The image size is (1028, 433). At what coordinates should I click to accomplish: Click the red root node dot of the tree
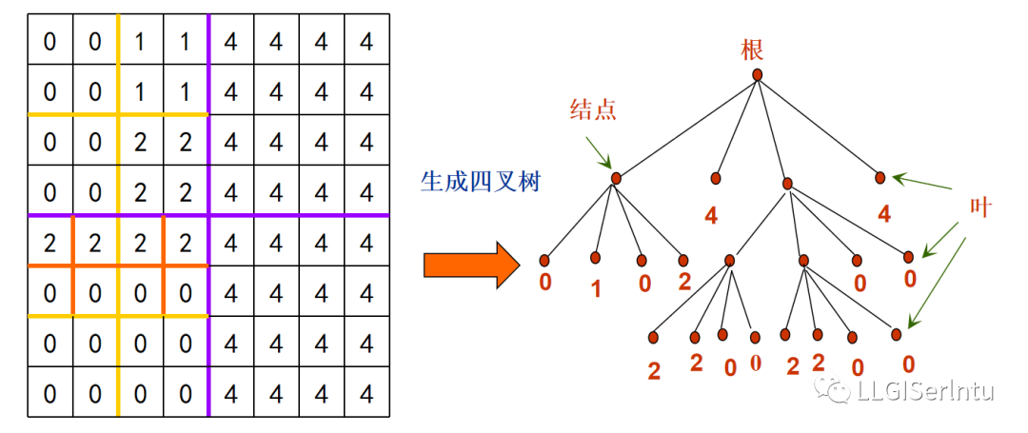point(757,74)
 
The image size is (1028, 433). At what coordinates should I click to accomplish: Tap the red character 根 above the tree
point(753,49)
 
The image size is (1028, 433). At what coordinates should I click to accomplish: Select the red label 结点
point(593,108)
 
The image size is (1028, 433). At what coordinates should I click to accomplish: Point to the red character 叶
point(980,208)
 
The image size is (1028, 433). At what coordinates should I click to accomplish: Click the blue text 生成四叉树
point(480,181)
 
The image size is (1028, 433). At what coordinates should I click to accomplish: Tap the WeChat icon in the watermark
point(839,391)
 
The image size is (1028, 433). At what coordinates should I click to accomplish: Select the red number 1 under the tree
point(596,287)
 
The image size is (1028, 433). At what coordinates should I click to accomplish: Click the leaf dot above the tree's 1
point(595,257)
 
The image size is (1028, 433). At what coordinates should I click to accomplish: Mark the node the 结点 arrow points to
point(616,178)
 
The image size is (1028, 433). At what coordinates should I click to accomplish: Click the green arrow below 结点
point(599,151)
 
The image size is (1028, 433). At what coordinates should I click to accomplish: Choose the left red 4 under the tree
point(711,216)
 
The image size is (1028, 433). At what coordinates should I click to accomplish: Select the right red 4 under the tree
point(884,214)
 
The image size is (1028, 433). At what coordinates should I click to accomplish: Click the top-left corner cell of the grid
point(49,40)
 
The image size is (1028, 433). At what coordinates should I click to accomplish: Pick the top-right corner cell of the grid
point(366,40)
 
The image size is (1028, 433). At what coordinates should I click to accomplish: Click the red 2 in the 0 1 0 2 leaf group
point(682,283)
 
